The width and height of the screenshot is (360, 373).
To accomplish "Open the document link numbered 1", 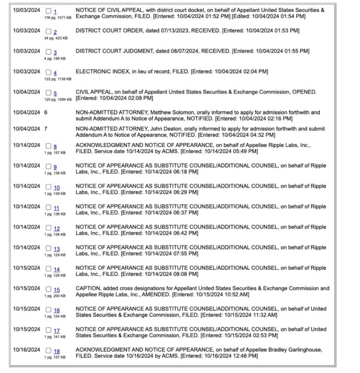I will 55,12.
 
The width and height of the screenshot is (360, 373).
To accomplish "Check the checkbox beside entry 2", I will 49,32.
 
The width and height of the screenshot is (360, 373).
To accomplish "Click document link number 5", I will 55,94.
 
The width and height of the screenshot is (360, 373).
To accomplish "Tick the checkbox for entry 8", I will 49,146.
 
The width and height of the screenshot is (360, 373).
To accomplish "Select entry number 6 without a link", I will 46,113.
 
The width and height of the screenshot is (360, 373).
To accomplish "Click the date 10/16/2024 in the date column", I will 27,350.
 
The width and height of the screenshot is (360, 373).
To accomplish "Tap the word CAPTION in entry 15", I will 87,288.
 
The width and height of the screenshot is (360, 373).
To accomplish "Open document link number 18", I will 56,352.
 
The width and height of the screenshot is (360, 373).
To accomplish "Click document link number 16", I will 56,310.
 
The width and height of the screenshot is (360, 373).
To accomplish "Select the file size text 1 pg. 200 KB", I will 55,296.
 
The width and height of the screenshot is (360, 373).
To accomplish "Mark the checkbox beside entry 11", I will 49,208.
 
